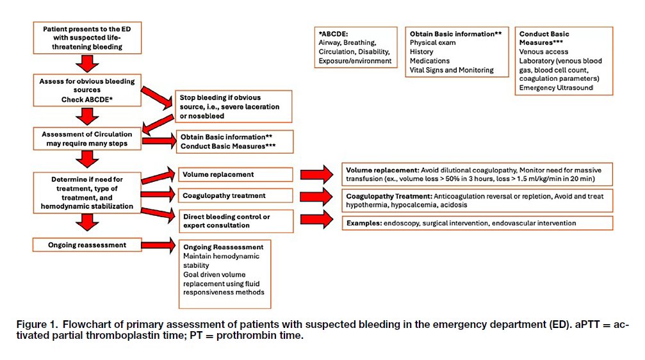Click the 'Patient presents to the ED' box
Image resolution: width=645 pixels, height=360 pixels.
(87, 38)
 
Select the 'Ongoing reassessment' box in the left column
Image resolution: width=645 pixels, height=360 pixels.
(87, 245)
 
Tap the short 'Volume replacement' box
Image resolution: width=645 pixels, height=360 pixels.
(235, 174)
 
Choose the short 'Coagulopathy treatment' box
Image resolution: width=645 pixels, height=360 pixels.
(235, 195)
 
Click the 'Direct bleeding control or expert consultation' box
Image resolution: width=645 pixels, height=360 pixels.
(236, 221)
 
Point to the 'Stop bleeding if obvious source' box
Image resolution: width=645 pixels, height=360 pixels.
(233, 106)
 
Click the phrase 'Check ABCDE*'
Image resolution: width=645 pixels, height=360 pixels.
(87, 99)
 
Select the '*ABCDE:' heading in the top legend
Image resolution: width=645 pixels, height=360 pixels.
(333, 34)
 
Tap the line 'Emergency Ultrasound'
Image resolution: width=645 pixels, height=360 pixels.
(556, 88)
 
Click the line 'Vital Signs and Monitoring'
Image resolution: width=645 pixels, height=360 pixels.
(452, 70)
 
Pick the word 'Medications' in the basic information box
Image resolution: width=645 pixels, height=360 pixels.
(429, 61)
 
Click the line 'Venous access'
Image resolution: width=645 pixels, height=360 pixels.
(543, 52)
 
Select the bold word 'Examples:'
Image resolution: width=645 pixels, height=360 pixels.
(364, 223)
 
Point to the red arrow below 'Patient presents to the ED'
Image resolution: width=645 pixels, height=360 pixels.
(87, 64)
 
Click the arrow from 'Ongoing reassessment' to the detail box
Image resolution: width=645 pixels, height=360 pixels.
(158, 245)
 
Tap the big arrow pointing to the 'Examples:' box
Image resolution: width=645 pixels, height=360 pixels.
(317, 219)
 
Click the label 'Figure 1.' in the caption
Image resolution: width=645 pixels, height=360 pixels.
(37, 324)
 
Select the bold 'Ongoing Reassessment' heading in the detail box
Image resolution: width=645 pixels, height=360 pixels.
(224, 247)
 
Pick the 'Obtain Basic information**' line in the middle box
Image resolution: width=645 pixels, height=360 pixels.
(226, 137)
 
